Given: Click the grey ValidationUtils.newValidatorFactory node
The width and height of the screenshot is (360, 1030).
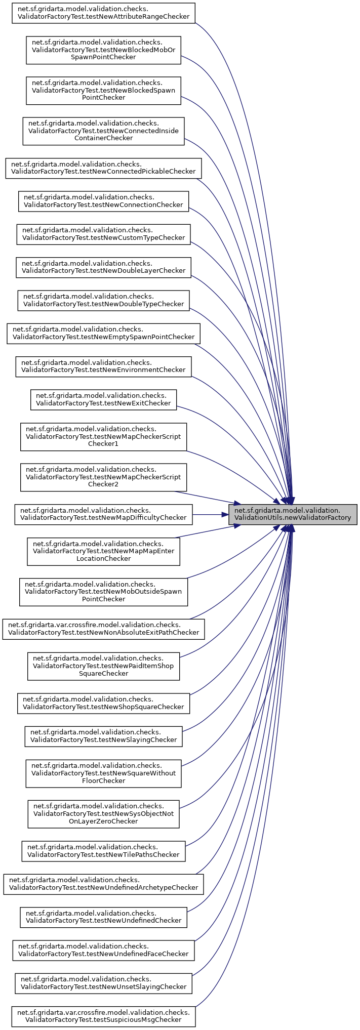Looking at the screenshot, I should [x=293, y=514].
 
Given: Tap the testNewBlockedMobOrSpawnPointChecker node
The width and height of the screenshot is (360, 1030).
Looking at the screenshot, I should [x=103, y=50].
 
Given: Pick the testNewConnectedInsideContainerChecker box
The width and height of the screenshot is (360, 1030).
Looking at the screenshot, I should [x=103, y=131].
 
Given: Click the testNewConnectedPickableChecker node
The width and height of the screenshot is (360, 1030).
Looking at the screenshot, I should [x=103, y=168].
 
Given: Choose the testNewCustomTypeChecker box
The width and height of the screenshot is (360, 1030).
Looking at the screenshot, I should [x=103, y=234].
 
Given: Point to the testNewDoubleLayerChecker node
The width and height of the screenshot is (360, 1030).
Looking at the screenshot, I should [x=103, y=267].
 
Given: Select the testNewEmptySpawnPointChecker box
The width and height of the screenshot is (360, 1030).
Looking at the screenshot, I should [x=103, y=333].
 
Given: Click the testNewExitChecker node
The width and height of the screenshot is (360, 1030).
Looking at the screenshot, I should [x=103, y=399].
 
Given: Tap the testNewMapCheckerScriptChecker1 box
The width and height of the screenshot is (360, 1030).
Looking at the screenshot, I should [x=103, y=437].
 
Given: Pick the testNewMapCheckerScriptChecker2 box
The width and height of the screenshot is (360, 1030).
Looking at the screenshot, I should [x=103, y=477].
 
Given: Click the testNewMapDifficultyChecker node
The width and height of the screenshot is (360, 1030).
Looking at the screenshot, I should [x=103, y=514].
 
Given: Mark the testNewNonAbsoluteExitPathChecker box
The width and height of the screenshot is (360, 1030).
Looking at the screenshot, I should [x=103, y=629].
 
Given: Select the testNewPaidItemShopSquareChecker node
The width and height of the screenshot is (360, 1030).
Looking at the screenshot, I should [x=103, y=666].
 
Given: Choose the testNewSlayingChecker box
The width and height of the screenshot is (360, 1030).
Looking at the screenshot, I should [x=103, y=736].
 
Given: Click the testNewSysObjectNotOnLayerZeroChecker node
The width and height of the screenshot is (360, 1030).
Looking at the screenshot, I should [x=103, y=814].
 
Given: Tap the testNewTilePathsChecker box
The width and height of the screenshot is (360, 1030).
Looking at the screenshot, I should [x=103, y=851].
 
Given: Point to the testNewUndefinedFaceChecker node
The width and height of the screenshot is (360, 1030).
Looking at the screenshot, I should [x=103, y=950].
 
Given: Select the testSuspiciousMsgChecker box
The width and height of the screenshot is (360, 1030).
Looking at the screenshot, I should [x=103, y=1016].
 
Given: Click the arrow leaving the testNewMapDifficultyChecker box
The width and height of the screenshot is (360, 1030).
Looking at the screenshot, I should [x=210, y=514].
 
